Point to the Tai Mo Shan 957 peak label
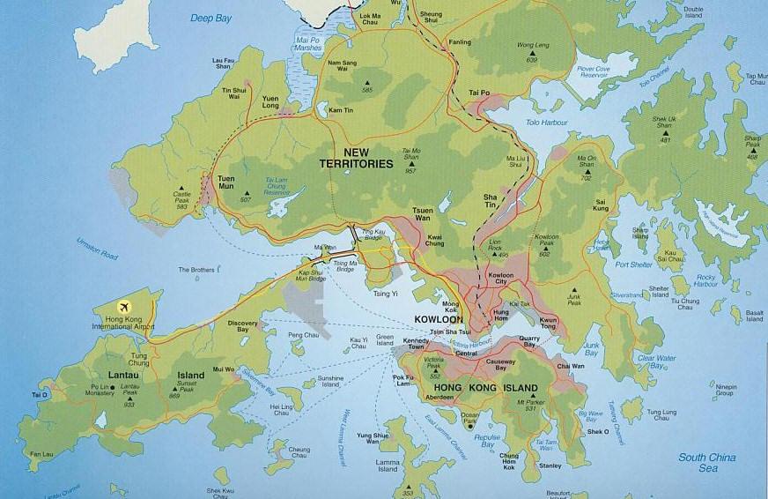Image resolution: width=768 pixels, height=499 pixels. pos(411,160)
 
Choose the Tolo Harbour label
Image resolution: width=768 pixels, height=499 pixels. pos(546,125)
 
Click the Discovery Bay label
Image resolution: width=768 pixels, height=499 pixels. pos(243,326)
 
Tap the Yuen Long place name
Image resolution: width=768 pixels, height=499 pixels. pos(270,101)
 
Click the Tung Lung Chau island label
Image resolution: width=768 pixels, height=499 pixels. pos(661,415)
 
